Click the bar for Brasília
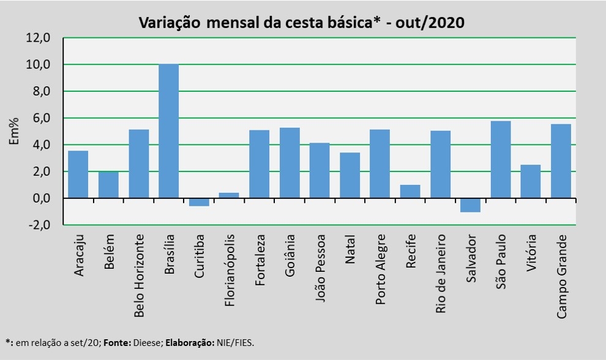[x=168, y=131]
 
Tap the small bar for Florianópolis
[x=229, y=195]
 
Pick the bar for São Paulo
[x=500, y=160]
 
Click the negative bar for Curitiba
[x=199, y=202]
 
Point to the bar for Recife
[x=410, y=192]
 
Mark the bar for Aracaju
[x=78, y=174]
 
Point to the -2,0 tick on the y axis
[x=37, y=225]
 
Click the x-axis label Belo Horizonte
[x=139, y=275]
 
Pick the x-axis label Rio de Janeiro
[x=441, y=272]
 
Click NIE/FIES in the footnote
[x=233, y=343]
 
